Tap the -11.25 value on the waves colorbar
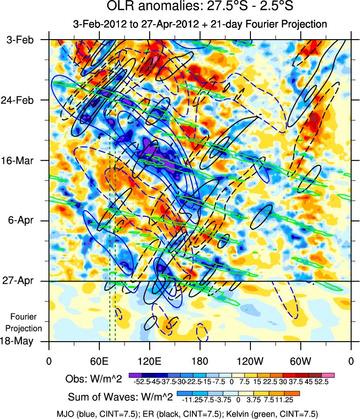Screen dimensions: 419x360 point(188,399)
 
